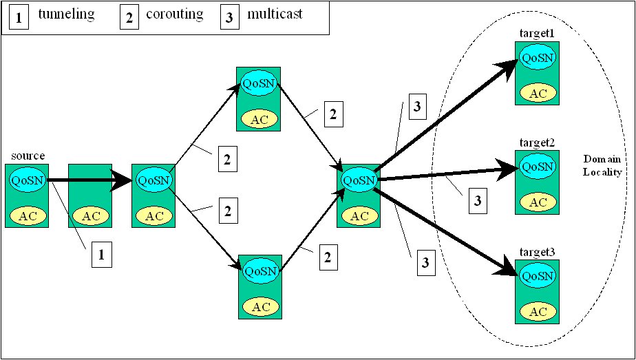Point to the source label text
(x=28, y=156)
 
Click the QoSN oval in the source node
(x=27, y=181)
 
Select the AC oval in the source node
(x=27, y=215)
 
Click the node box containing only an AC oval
(x=90, y=195)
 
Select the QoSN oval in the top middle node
(x=258, y=84)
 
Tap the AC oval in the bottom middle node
(x=259, y=307)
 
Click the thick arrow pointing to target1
(x=447, y=116)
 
